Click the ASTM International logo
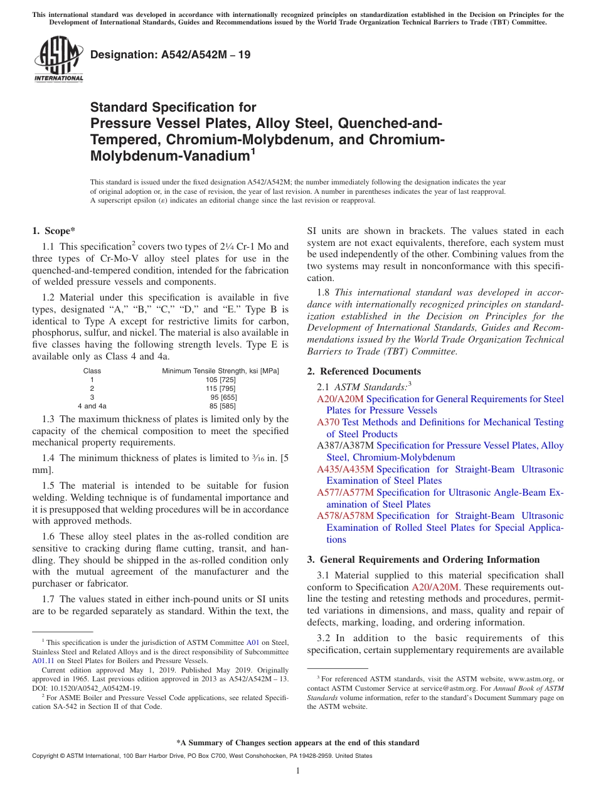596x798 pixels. pyautogui.click(x=58, y=60)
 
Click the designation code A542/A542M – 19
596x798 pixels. pyautogui.click(x=170, y=55)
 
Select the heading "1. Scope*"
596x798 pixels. pyautogui.click(x=55, y=231)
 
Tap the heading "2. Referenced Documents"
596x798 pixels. pyautogui.click(x=364, y=371)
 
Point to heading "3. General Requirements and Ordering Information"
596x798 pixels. pyautogui.click(x=423, y=560)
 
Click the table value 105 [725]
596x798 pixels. pyautogui.click(x=220, y=380)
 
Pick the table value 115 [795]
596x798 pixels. pyautogui.click(x=220, y=388)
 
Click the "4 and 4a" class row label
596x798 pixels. pyautogui.click(x=92, y=406)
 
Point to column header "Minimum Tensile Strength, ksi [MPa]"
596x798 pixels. pyautogui.click(x=220, y=371)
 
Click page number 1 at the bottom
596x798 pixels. pyautogui.click(x=298, y=770)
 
